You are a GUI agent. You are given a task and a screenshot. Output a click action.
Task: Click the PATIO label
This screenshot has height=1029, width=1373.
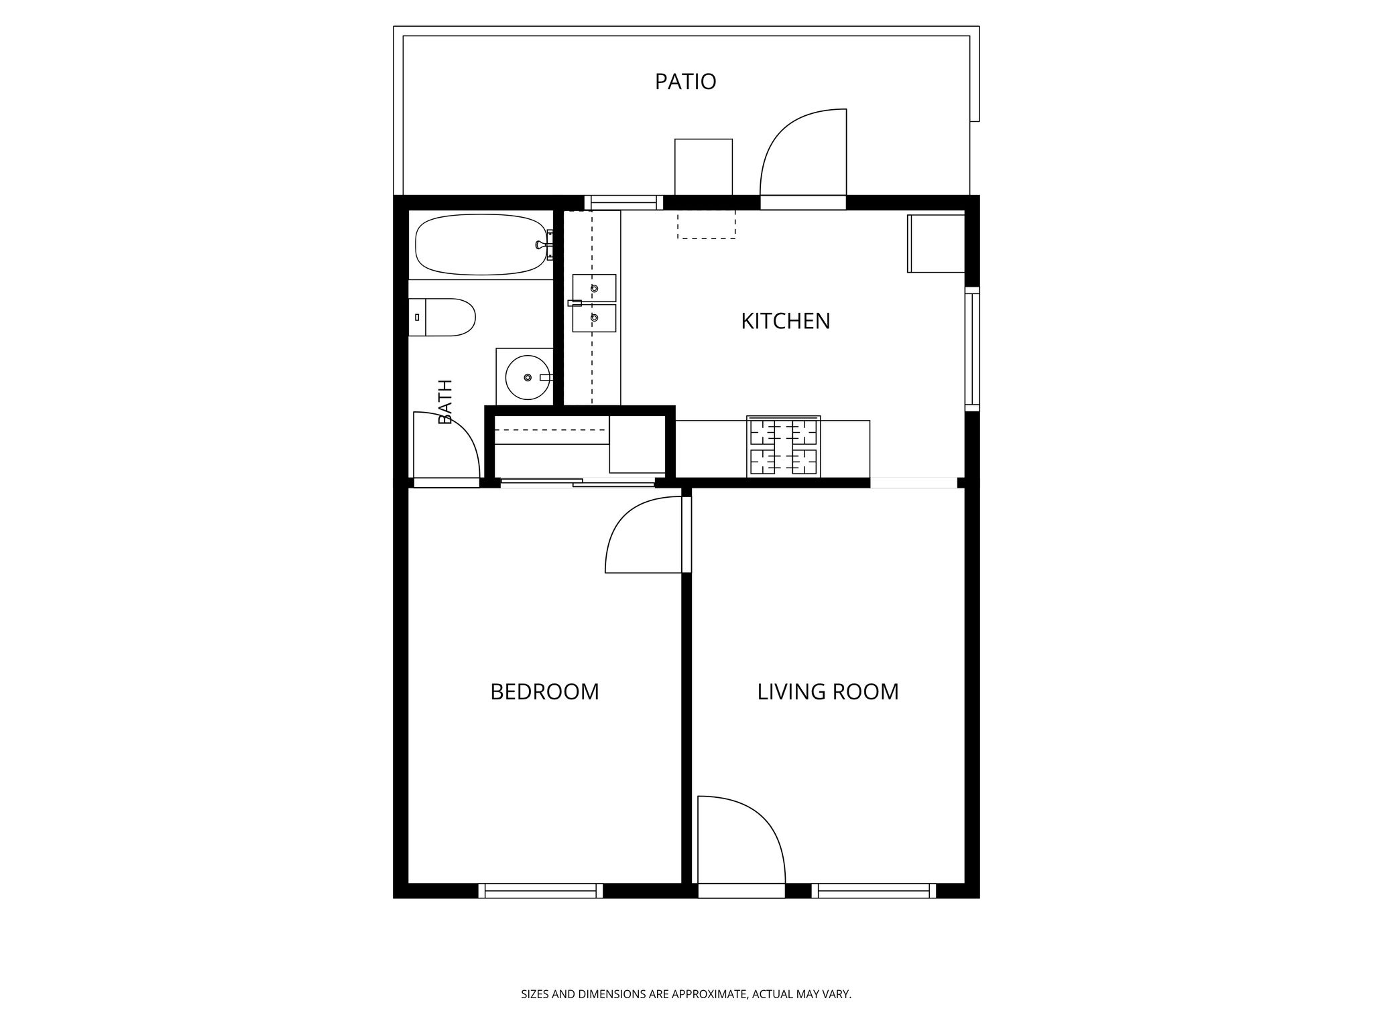coord(685,82)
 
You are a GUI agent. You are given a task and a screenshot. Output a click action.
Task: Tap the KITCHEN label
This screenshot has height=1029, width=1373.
coord(785,322)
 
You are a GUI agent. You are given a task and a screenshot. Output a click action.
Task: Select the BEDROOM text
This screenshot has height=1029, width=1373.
coord(544,692)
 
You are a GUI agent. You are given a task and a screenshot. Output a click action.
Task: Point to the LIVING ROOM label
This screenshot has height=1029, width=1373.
coord(828,692)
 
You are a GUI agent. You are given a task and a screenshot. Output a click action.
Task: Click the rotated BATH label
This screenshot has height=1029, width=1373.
coord(445,402)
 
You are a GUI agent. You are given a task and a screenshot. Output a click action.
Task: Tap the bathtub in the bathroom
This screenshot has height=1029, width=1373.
coord(481,245)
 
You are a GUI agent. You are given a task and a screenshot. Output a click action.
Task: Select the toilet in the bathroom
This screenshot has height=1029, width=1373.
coord(442,318)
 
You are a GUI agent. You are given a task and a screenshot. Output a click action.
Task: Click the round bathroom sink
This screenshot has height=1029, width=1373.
coord(528,378)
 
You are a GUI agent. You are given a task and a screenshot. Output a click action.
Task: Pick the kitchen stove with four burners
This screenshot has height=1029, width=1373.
coord(784,447)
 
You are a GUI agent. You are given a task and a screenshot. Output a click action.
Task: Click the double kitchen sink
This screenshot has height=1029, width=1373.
coord(594,303)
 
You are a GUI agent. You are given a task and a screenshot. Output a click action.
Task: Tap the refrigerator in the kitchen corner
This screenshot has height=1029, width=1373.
coord(936,244)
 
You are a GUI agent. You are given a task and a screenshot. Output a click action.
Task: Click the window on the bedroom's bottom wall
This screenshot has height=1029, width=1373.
coord(541,890)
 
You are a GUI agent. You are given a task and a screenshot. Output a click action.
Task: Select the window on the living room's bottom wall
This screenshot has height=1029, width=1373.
coord(874,890)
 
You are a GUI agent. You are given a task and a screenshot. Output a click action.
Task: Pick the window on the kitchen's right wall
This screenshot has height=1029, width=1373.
coord(972,349)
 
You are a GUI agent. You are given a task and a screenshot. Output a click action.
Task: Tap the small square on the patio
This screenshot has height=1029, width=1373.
coord(703,167)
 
